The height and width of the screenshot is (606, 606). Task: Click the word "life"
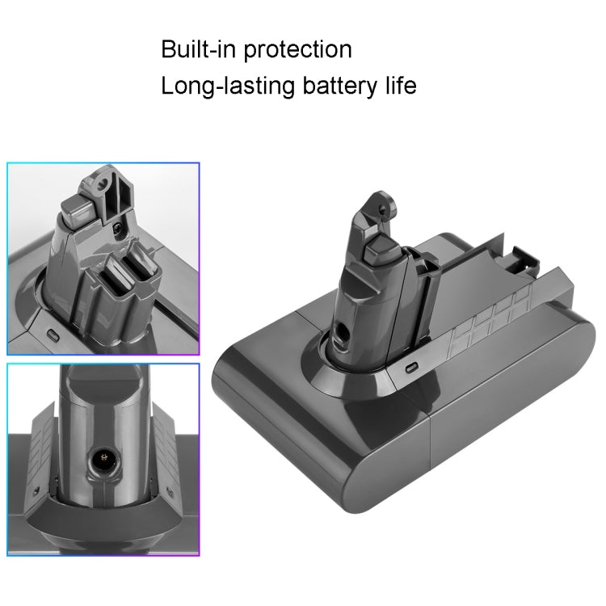(399, 85)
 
